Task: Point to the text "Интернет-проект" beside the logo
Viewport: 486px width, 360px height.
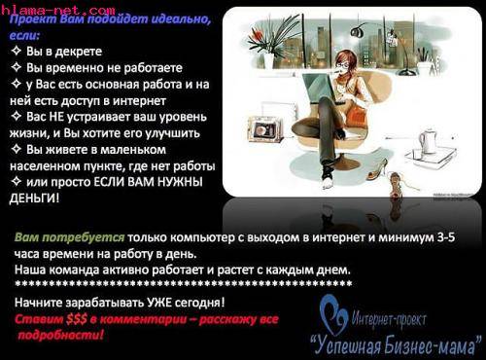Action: point(403,315)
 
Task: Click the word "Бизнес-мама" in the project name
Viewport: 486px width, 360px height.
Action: point(426,342)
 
